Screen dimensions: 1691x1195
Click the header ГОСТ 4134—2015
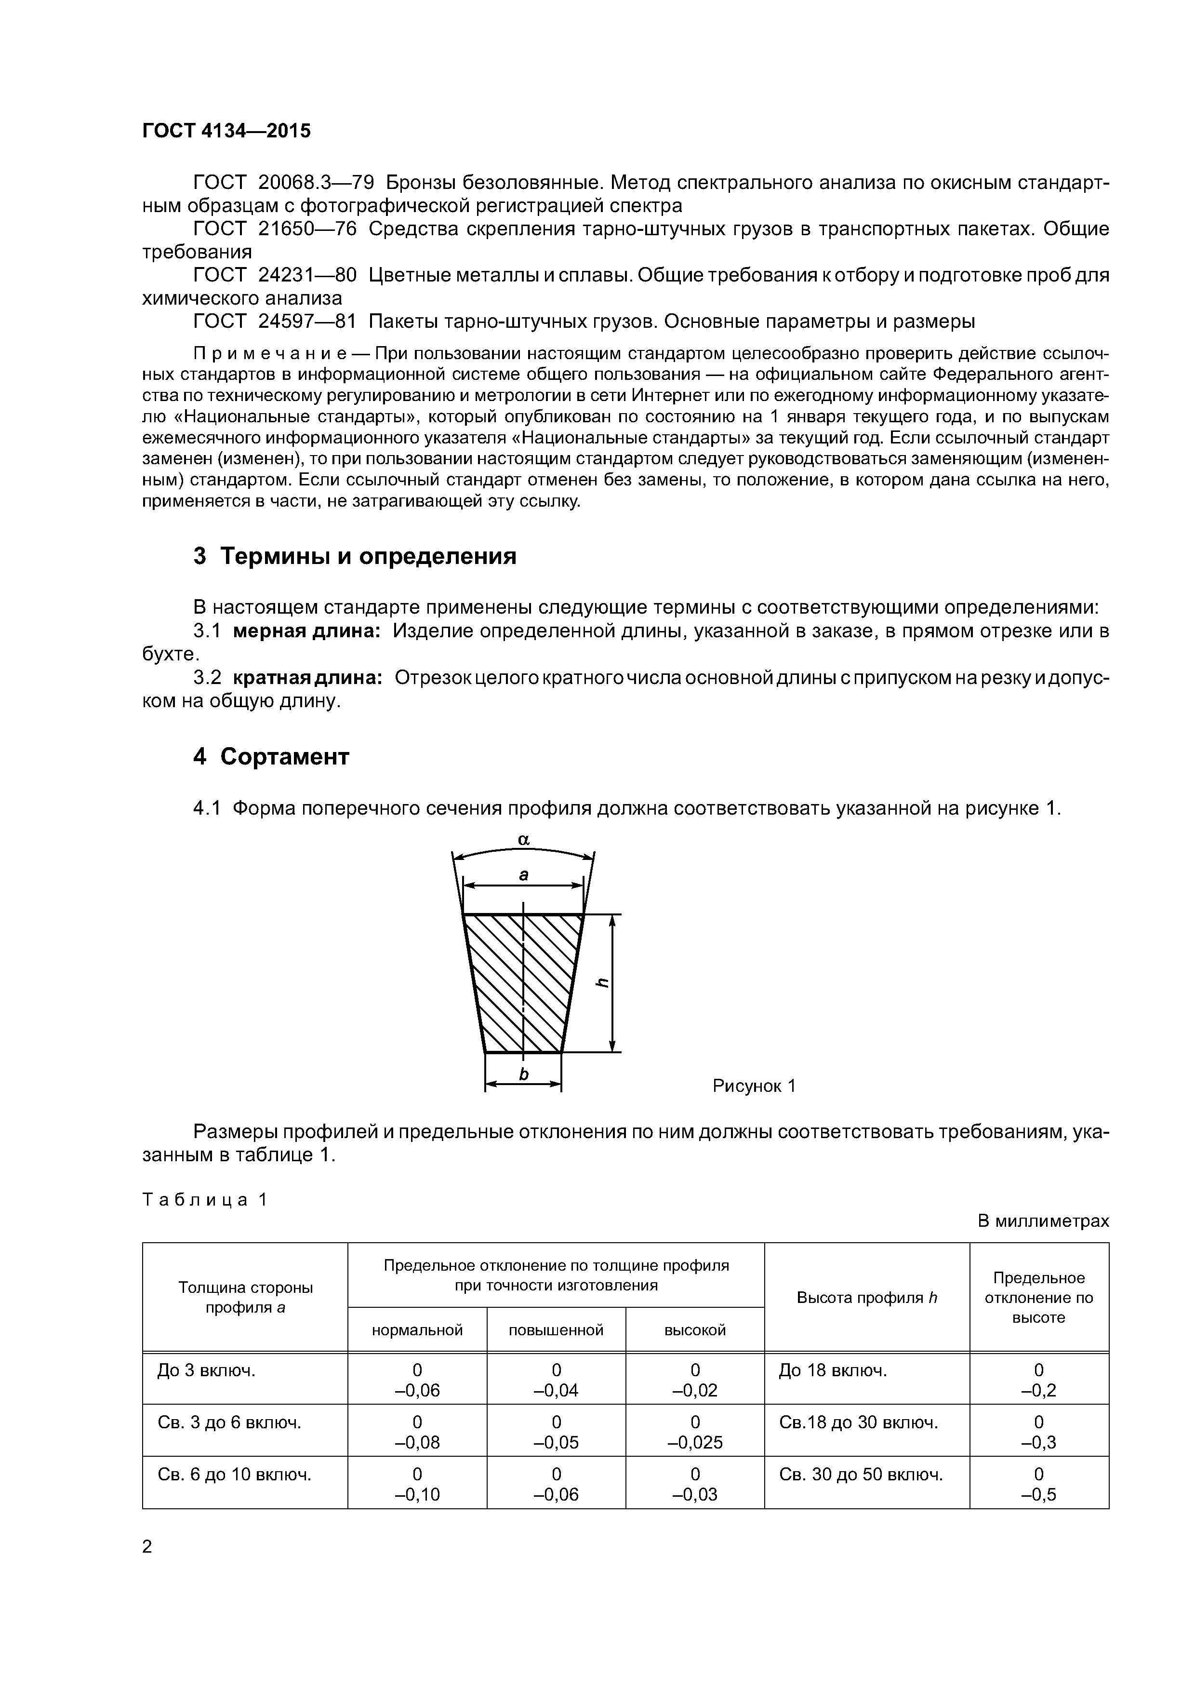[x=226, y=131]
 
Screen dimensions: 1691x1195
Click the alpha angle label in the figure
[x=523, y=840]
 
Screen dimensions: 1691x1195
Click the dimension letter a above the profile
[x=523, y=875]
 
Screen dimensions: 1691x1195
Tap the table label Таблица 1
[x=204, y=1200]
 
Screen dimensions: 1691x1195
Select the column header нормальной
[x=417, y=1330]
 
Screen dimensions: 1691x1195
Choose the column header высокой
[x=694, y=1330]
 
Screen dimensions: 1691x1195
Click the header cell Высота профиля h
[x=866, y=1298]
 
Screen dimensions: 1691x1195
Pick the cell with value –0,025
[x=694, y=1443]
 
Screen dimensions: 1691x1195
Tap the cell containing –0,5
[x=1038, y=1494]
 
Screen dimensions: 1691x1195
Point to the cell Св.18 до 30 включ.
[x=858, y=1422]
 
